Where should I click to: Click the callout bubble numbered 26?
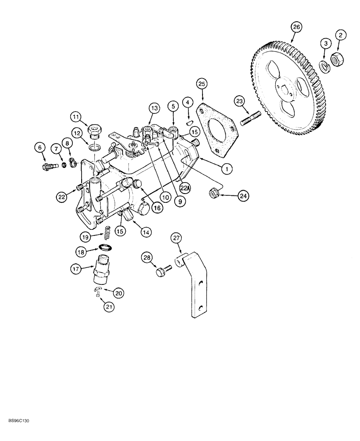[296, 27]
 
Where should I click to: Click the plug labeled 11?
[94, 130]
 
